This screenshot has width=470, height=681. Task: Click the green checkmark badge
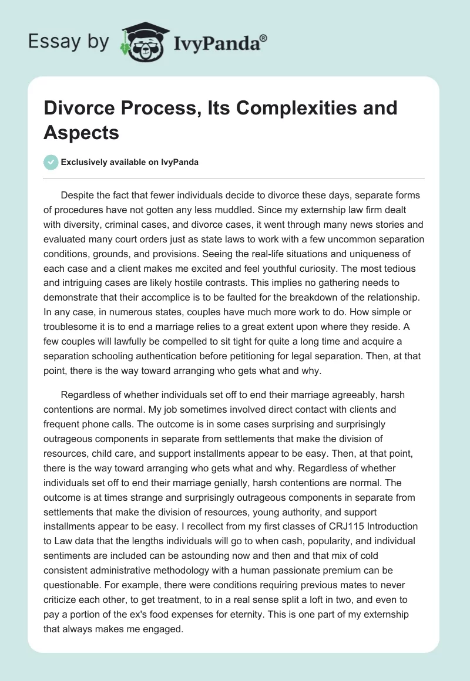pos(51,162)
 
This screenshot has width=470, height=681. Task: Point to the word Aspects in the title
pos(82,132)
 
